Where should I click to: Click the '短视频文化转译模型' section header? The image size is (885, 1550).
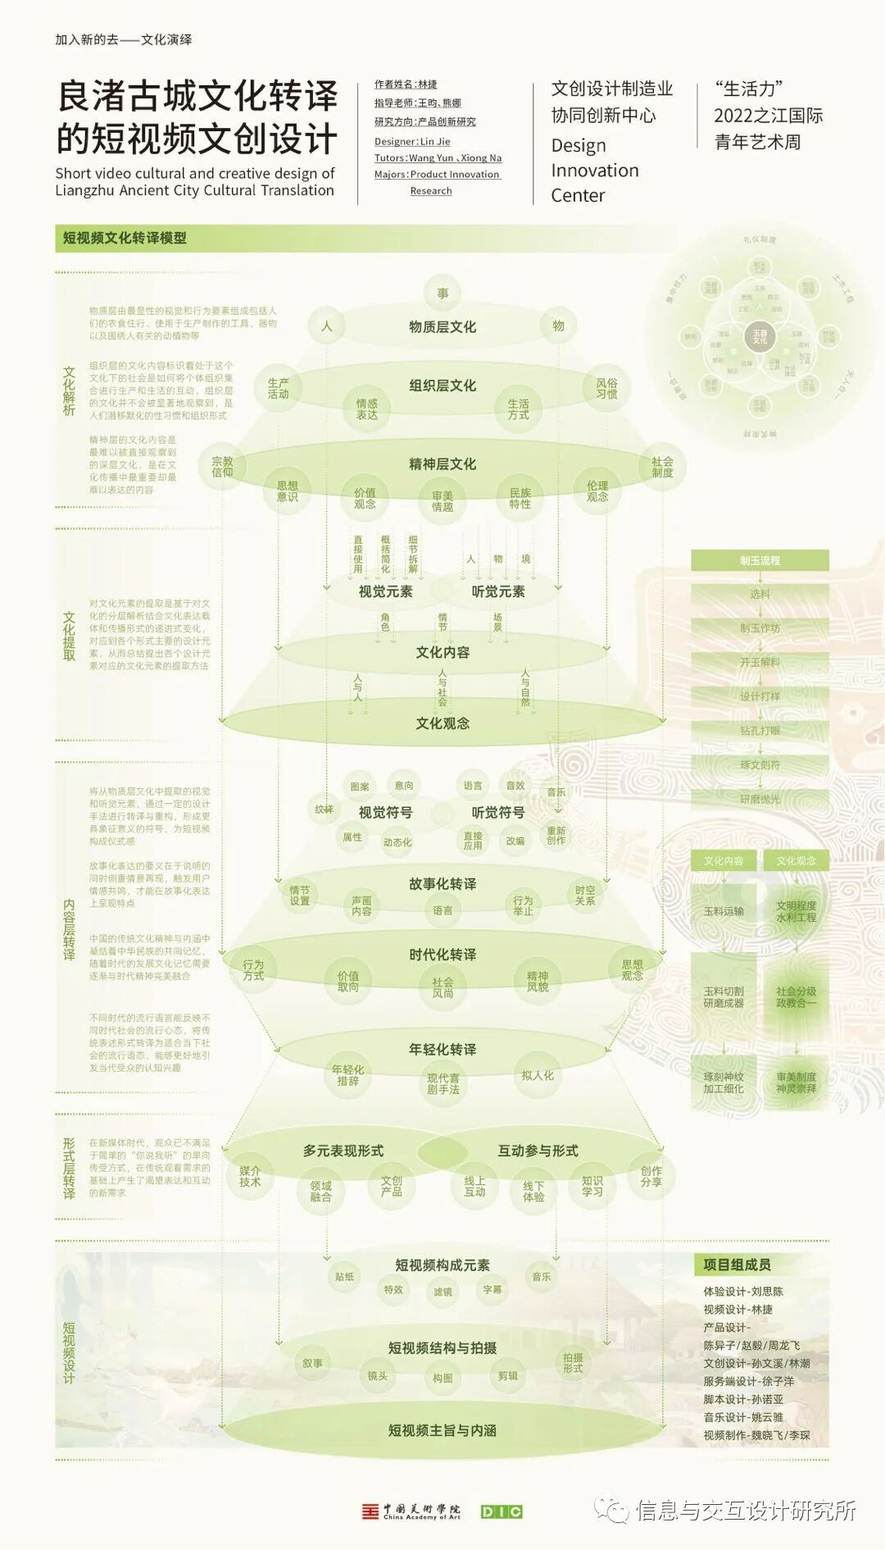point(125,239)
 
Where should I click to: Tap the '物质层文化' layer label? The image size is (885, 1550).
point(442,327)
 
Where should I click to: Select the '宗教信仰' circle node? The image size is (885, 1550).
point(222,467)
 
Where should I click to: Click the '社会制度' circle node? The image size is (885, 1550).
point(662,467)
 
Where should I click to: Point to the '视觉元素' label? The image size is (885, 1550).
point(385,592)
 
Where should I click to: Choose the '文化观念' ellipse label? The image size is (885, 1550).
point(442,723)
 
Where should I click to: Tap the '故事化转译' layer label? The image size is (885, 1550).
point(442,884)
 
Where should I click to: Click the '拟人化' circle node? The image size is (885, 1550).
point(538,1075)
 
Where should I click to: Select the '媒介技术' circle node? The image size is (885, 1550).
point(250,1176)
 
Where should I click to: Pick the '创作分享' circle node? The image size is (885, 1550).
point(651,1176)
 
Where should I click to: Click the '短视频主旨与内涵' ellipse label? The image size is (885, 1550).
point(442,1430)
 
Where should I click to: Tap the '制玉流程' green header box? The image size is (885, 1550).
point(760,561)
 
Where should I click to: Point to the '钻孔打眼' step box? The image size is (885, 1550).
point(760,731)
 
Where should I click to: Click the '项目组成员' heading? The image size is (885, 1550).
point(737,1265)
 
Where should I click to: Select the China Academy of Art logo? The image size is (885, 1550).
point(411,1511)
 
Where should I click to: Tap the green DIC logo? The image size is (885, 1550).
point(501,1511)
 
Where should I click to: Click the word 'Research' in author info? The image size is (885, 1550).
point(431,191)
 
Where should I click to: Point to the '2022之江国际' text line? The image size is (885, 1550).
point(768,116)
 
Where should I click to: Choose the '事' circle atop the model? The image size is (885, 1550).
point(442,294)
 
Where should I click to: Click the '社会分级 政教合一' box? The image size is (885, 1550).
point(796,997)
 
